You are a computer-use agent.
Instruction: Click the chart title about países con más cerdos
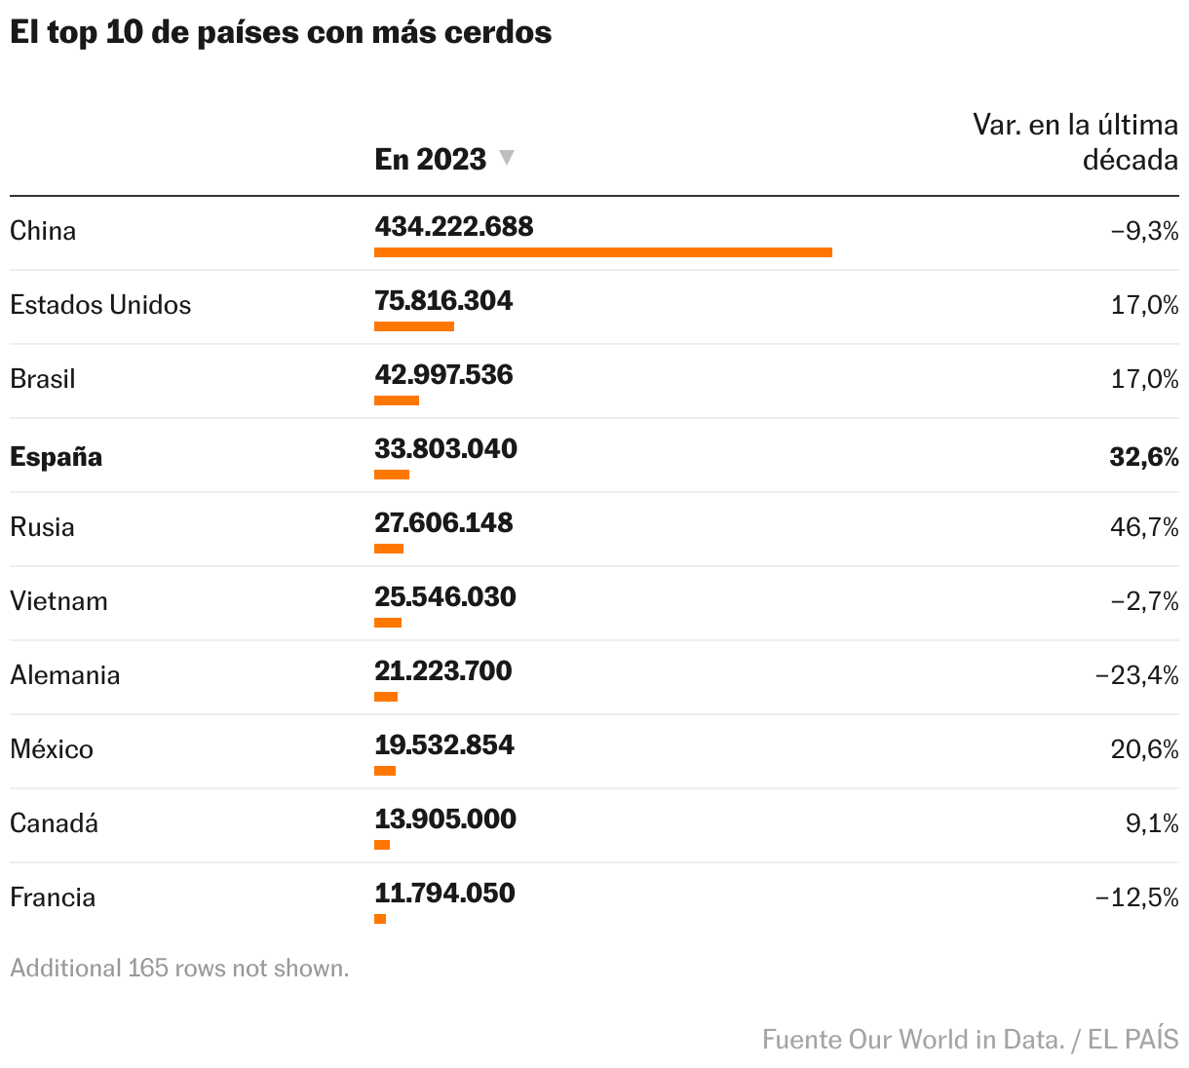click(281, 32)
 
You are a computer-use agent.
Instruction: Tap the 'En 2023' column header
click(430, 159)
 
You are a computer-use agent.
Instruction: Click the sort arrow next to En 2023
click(506, 157)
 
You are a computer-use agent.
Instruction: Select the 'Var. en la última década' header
click(1075, 141)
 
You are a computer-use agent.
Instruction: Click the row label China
click(43, 231)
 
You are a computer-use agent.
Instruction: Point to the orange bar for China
click(602, 252)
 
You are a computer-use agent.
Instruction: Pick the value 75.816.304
click(443, 300)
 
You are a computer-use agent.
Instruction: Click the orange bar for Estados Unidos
click(413, 326)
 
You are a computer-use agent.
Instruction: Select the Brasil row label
click(43, 379)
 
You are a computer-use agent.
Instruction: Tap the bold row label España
click(56, 457)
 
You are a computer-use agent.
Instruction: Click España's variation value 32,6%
click(1143, 457)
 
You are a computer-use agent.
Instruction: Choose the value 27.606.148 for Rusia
click(443, 522)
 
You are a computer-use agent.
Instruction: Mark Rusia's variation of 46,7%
click(1144, 527)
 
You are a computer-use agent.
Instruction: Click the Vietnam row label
click(58, 601)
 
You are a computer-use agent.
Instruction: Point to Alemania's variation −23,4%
click(1136, 675)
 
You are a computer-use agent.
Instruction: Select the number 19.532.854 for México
click(443, 744)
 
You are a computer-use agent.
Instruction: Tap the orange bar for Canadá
click(382, 845)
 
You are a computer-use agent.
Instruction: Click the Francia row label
click(53, 897)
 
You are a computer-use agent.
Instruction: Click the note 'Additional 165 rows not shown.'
click(179, 969)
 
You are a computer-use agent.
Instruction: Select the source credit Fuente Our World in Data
click(912, 1039)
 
